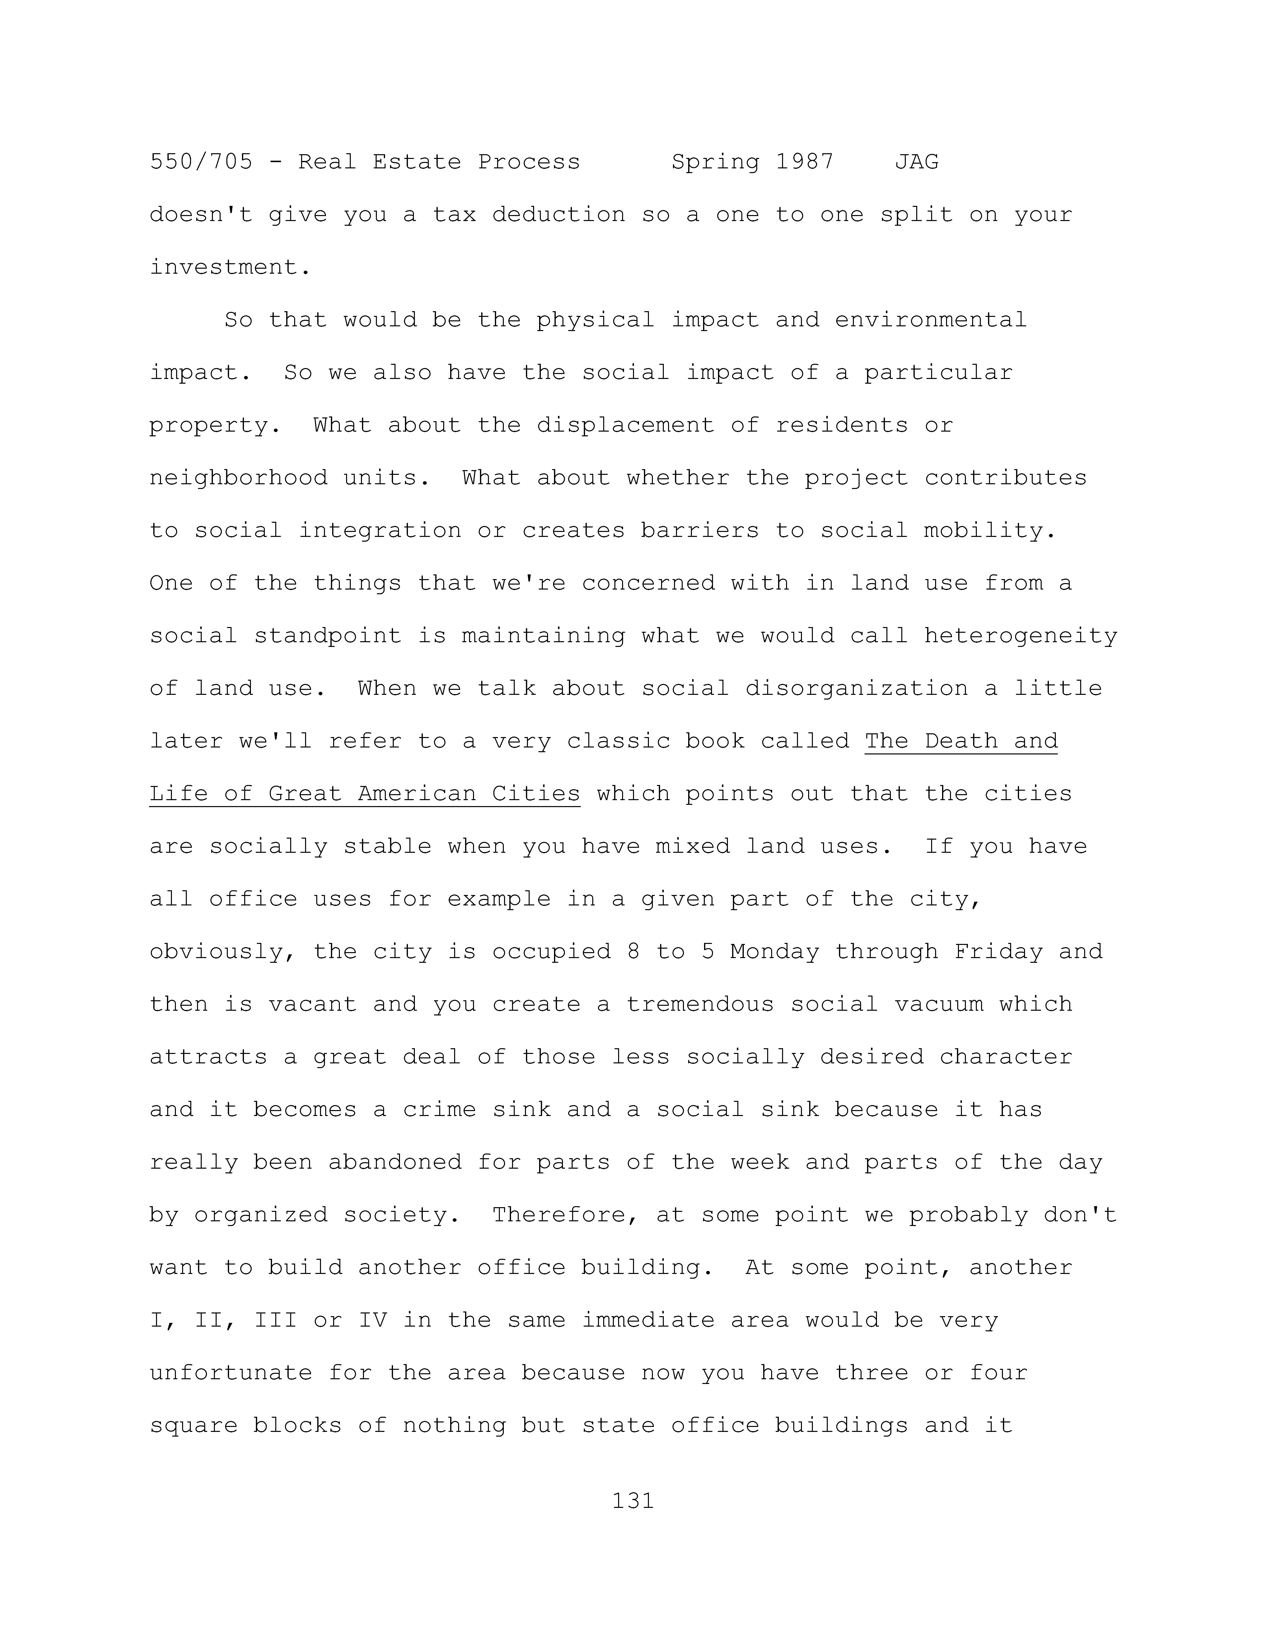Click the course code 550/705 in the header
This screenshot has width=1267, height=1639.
coord(201,162)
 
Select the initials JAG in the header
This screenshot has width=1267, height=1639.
coord(916,162)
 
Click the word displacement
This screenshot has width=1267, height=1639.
coord(625,425)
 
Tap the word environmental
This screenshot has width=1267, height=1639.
coord(931,320)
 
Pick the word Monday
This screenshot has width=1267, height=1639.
coord(774,952)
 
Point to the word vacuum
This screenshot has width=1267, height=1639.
coord(938,1004)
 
